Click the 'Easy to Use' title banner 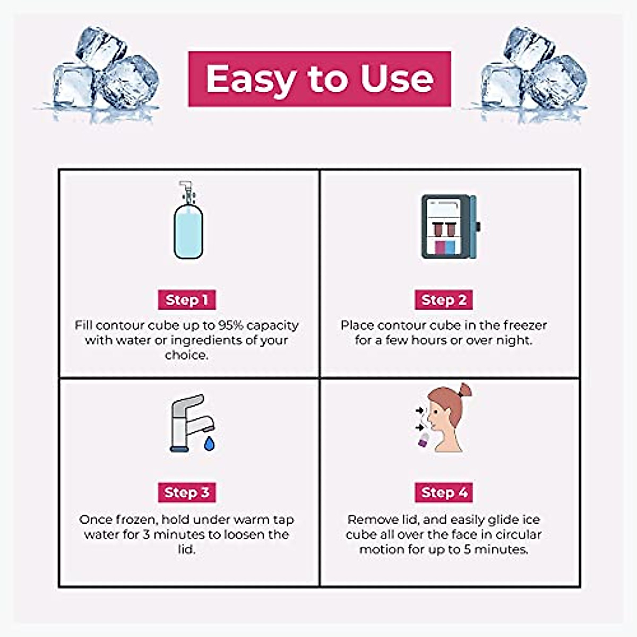320,79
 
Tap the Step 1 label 187,300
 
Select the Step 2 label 444,300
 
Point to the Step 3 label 187,493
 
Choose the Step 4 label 444,493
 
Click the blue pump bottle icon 188,223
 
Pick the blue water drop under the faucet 209,443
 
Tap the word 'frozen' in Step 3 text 136,520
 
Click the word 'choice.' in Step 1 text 187,355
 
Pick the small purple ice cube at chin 424,440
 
